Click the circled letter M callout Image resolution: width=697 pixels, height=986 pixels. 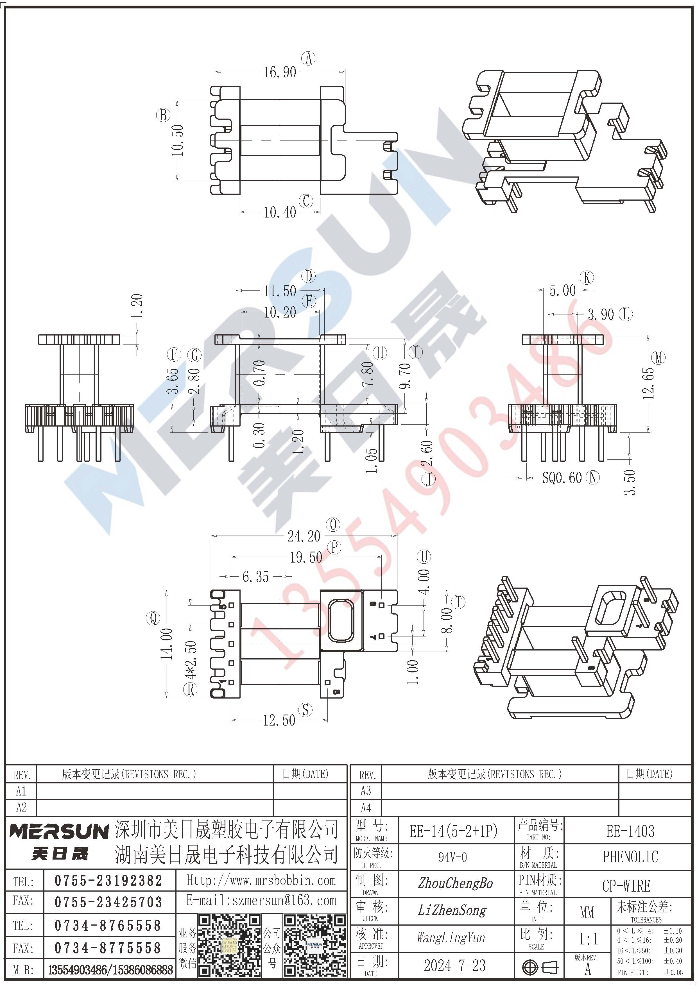tap(658, 357)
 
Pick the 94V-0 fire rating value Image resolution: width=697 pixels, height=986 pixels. tap(452, 857)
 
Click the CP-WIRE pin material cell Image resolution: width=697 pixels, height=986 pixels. tap(626, 885)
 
